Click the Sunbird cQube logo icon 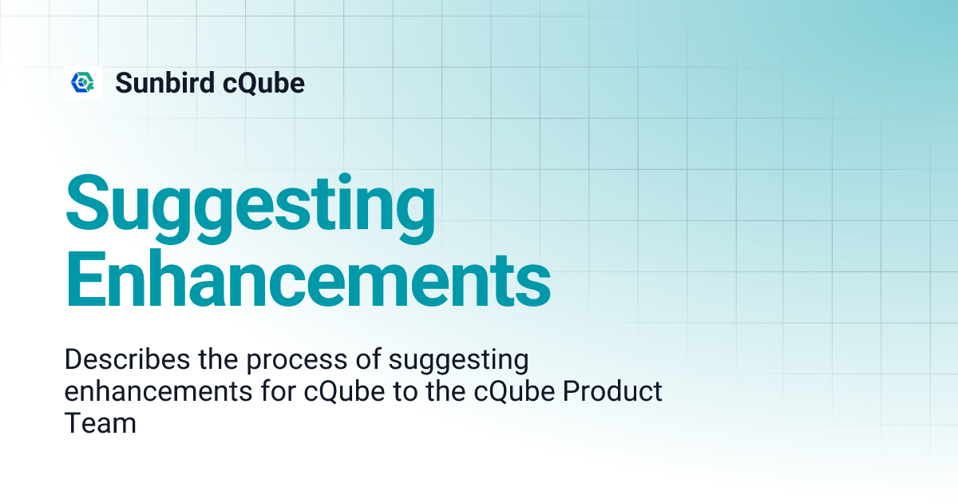click(x=83, y=82)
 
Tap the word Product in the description click(x=611, y=392)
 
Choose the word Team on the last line click(x=100, y=423)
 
